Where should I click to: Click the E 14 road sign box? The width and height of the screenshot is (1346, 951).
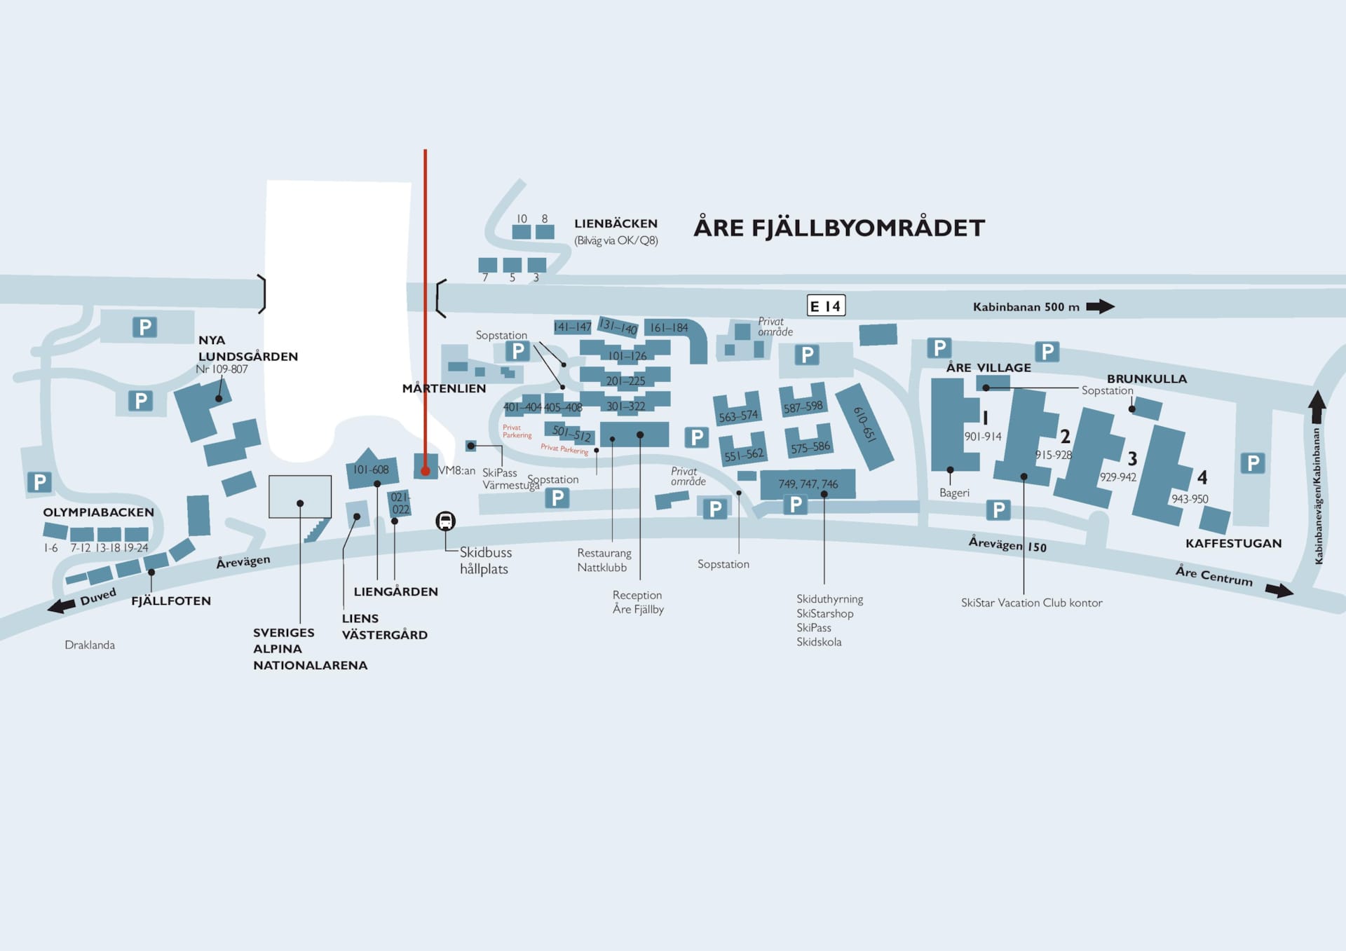[826, 306]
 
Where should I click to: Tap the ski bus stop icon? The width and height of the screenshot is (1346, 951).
[445, 521]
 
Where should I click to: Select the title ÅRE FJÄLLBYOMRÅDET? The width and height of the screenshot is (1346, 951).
[839, 228]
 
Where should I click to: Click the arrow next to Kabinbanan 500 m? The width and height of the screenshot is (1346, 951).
[1100, 306]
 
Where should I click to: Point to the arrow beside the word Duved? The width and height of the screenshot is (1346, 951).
[62, 606]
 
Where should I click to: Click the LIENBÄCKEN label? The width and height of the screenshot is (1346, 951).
[616, 224]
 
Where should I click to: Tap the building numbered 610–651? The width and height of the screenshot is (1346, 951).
[865, 426]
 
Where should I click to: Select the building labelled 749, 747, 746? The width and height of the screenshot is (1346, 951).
[808, 484]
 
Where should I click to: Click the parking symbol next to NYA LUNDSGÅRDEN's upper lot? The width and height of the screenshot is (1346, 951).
[145, 327]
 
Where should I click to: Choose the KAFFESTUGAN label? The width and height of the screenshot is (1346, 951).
[1233, 543]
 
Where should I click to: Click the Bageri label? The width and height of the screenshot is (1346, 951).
[954, 493]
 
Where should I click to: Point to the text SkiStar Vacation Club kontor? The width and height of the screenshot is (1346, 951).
[1031, 603]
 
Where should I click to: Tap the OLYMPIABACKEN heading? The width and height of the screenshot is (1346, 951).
[98, 512]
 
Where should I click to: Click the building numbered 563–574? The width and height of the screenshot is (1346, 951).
[737, 412]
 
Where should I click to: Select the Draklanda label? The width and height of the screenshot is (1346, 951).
[90, 645]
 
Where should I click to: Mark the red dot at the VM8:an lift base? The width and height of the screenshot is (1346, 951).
[425, 471]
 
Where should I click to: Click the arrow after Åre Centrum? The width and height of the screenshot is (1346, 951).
[1279, 591]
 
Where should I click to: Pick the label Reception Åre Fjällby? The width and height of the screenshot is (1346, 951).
[638, 602]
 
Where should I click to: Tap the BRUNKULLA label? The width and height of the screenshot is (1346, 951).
[1147, 378]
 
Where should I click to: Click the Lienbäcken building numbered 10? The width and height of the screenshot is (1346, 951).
[522, 231]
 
